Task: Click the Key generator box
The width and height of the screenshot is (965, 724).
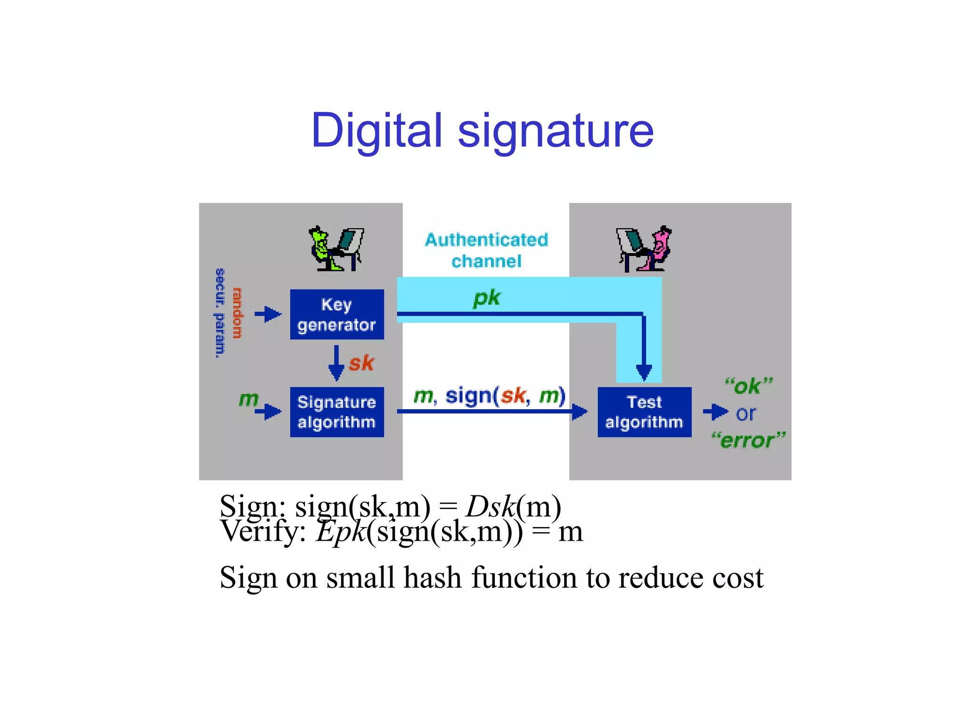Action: click(337, 314)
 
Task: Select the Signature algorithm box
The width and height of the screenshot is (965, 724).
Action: click(337, 412)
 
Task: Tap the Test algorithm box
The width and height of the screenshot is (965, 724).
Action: click(644, 412)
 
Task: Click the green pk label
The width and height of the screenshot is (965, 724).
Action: click(486, 298)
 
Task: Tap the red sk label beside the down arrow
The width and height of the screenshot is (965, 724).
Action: click(361, 363)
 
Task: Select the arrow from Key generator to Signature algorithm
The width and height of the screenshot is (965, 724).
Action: click(336, 363)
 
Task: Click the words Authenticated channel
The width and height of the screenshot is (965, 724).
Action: click(486, 250)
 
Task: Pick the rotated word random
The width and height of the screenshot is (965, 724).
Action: click(237, 313)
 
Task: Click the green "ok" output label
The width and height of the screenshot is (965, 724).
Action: click(748, 386)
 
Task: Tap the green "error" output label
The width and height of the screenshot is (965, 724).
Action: click(748, 440)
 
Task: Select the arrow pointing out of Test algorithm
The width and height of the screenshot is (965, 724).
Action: click(715, 412)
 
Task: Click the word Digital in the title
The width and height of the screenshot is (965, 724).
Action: click(376, 131)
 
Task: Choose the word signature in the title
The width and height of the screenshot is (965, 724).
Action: click(556, 132)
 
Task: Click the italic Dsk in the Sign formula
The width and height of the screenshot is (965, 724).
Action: click(491, 507)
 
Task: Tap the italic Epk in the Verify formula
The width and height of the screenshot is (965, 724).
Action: click(341, 532)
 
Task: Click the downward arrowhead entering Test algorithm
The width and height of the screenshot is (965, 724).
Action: click(644, 372)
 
